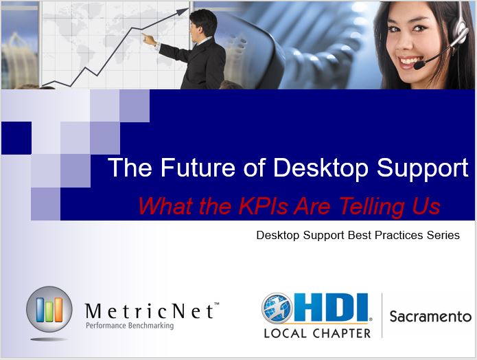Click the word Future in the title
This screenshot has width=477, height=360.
(x=198, y=167)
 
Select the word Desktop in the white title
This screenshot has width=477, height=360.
(x=321, y=168)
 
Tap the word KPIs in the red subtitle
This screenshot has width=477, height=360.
(x=263, y=206)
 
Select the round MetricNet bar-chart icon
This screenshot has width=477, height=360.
(x=49, y=309)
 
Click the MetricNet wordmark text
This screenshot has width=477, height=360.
(x=150, y=311)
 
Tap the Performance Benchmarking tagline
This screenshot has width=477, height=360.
(x=130, y=326)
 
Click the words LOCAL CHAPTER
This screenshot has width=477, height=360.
(x=317, y=333)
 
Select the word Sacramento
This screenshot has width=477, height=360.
(x=430, y=317)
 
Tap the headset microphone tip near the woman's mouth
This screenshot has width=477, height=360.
(x=419, y=65)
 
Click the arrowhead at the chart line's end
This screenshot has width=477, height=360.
(x=183, y=12)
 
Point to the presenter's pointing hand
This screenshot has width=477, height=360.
(x=149, y=40)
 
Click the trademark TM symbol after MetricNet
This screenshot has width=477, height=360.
(x=217, y=304)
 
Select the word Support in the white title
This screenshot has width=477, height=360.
(x=423, y=168)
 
